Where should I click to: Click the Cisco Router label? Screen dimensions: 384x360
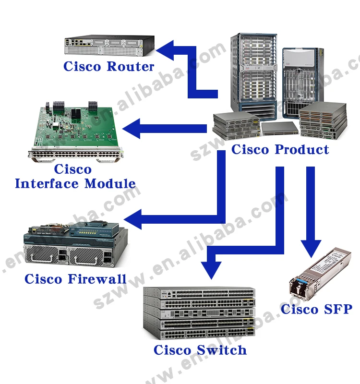(x=108, y=66)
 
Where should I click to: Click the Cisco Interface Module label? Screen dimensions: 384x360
(x=75, y=176)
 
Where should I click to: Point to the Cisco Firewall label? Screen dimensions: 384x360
(x=75, y=279)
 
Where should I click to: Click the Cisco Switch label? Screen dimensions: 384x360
(x=200, y=350)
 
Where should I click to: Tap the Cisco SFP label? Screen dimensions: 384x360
(x=316, y=309)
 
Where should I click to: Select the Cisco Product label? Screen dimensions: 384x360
(x=280, y=149)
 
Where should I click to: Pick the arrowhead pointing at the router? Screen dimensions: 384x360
(x=167, y=51)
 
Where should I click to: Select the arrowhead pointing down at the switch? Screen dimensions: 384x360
(x=211, y=269)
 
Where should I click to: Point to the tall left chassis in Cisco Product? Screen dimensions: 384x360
(x=253, y=72)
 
